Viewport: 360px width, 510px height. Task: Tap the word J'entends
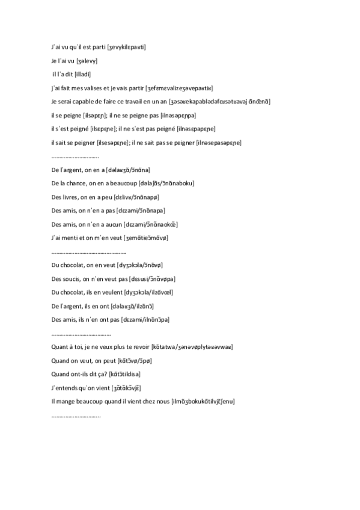(x=66, y=388)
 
